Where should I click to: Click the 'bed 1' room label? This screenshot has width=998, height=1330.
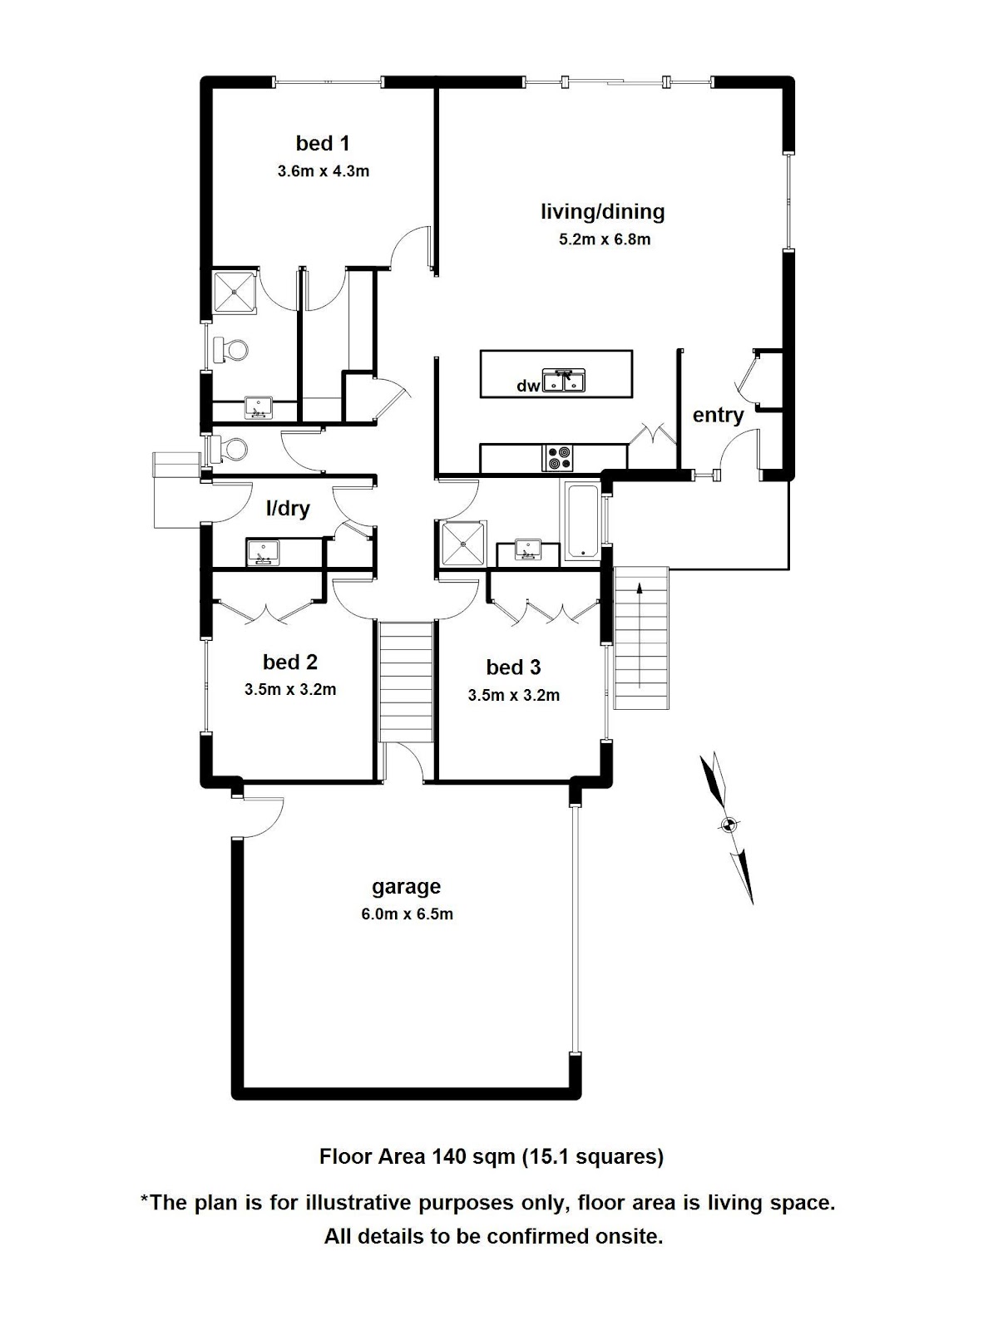[323, 144]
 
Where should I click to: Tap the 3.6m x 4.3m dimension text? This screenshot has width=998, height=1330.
[323, 171]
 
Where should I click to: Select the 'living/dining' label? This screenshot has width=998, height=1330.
[603, 212]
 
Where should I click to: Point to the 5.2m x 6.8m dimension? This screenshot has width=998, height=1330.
[605, 239]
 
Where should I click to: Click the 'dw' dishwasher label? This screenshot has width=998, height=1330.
[528, 386]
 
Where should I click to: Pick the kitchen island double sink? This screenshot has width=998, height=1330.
[564, 381]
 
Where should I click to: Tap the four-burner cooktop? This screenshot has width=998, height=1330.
[559, 458]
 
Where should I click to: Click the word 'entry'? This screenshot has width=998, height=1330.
[718, 416]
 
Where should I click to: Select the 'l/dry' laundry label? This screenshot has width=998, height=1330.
[288, 508]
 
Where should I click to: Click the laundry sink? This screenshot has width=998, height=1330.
[262, 553]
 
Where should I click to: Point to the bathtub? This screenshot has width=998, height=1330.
[583, 520]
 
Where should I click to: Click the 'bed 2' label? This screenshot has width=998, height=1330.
[290, 662]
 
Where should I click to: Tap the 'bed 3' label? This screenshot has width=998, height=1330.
[513, 667]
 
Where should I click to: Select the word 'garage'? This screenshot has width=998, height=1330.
[406, 887]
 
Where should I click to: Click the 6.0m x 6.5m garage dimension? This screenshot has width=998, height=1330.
[408, 914]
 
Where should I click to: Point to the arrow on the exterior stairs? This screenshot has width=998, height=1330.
[640, 636]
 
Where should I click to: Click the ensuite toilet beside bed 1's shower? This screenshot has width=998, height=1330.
[230, 350]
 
